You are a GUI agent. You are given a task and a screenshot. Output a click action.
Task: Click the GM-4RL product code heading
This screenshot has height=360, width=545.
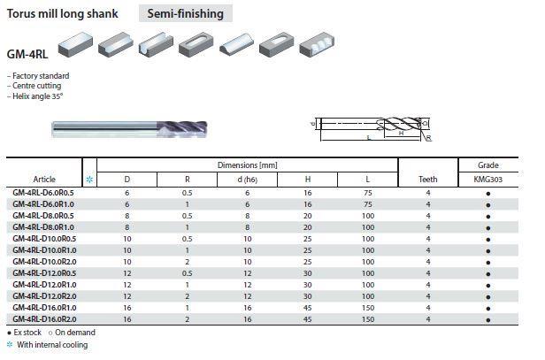pyautogui.click(x=26, y=52)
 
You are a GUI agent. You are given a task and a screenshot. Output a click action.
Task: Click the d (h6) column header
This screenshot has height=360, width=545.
pyautogui.click(x=248, y=180)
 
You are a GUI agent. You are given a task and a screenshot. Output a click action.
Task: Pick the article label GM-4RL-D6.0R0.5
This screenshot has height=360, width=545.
pyautogui.click(x=43, y=192)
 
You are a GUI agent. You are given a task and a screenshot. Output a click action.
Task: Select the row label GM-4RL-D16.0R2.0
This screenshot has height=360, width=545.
pyautogui.click(x=44, y=318)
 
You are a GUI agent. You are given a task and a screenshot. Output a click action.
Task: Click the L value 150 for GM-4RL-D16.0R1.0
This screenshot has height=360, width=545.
pyautogui.click(x=367, y=307)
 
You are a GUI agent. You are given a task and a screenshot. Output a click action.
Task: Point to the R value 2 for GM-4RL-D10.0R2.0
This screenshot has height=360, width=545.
pyautogui.click(x=187, y=261)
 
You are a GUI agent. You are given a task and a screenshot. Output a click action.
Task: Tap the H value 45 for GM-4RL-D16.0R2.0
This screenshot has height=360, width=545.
pyautogui.click(x=307, y=318)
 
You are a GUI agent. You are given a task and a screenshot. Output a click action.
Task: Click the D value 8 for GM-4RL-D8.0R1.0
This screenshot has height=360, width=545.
pyautogui.click(x=127, y=226)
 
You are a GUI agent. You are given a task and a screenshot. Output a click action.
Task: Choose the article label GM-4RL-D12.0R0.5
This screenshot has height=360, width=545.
pyautogui.click(x=44, y=272)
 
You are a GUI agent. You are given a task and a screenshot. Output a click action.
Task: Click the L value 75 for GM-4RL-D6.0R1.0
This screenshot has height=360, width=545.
pyautogui.click(x=367, y=203)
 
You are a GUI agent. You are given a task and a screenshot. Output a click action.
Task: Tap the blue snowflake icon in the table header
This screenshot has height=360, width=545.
pyautogui.click(x=88, y=180)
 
